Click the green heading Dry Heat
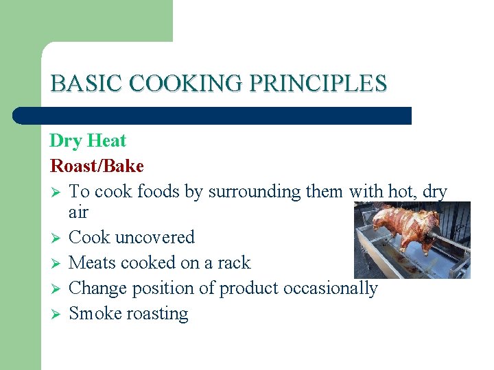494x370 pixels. pyautogui.click(x=88, y=141)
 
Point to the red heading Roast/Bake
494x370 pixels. pyautogui.click(x=97, y=166)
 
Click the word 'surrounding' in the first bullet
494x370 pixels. pyautogui.click(x=255, y=192)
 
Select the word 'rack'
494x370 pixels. pyautogui.click(x=235, y=263)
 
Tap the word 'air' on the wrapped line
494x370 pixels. pyautogui.click(x=79, y=214)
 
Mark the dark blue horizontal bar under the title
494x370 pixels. pyautogui.click(x=213, y=115)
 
